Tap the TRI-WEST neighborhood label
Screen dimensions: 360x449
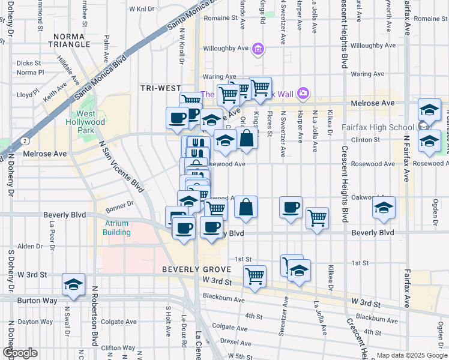point(160,88)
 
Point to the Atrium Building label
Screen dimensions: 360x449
point(113,228)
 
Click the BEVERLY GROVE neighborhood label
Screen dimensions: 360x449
point(193,270)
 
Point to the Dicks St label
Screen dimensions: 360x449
point(29,62)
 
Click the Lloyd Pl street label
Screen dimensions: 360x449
point(28,94)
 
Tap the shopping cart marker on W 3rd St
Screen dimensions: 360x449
point(255,277)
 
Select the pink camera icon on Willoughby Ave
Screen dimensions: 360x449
point(258,49)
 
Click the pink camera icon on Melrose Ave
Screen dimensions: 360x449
point(303,93)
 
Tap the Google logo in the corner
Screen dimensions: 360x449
point(20,353)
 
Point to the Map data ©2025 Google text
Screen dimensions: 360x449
point(412,355)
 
